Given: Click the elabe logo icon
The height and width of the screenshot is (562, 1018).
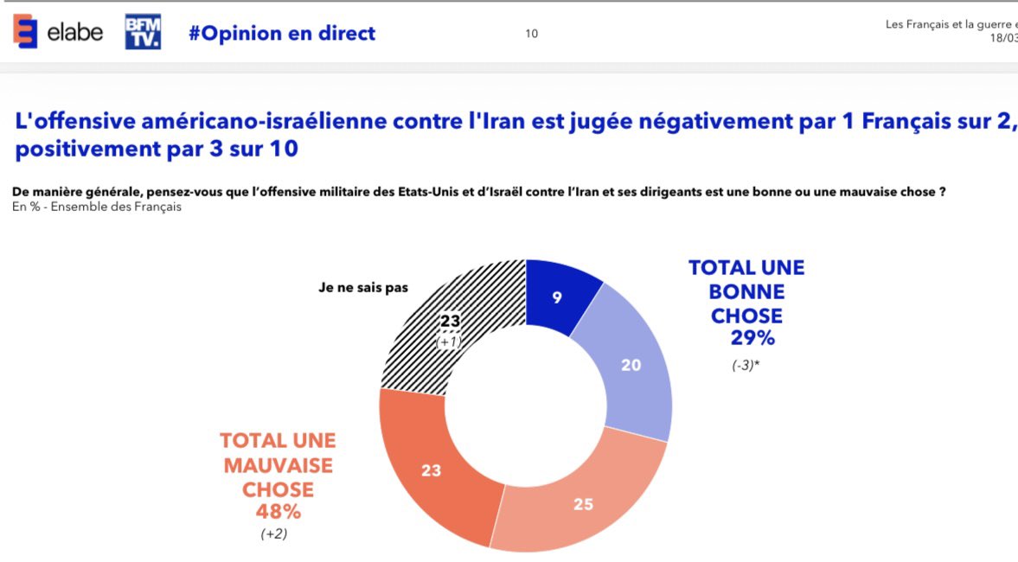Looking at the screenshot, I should pos(25,32).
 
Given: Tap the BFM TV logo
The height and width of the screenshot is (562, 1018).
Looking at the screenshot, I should pos(143,32).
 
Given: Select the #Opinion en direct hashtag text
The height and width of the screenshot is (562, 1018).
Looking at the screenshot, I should pos(282,34).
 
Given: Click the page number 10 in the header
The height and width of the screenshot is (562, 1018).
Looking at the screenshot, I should pos(531,34).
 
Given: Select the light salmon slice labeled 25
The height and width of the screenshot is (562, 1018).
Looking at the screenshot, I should pos(583,503).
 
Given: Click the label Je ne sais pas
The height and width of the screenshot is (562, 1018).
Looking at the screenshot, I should pos(363,288).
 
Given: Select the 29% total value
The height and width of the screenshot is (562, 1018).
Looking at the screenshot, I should pos(746,338).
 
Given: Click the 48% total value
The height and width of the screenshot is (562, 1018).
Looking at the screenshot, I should pos(277,512).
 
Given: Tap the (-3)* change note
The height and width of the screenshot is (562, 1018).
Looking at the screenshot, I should pos(746,364).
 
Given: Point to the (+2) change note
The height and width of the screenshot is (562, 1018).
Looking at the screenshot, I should pos(274,534).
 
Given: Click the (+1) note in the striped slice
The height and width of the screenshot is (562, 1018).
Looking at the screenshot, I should pos(449,342).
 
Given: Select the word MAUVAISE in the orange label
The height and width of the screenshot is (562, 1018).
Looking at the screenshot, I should pos(278,465).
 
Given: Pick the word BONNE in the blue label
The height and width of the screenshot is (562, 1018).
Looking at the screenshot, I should pos(746,292).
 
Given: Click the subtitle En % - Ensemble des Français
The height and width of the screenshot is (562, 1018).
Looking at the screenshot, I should pos(97,208).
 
